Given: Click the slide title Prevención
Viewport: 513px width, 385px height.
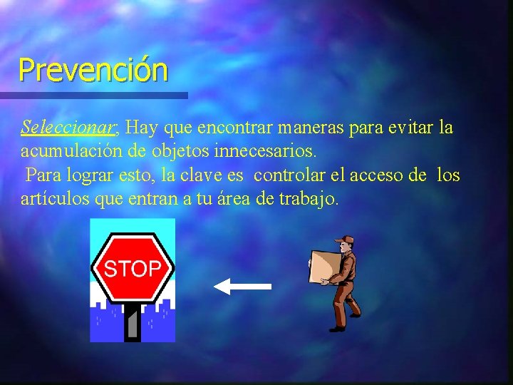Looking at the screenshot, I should point(93,70).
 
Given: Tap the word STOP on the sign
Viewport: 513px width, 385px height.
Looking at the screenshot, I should point(132,269).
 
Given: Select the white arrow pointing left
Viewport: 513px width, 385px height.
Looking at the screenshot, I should point(242,287).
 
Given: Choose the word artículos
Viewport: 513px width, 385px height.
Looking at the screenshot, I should point(53,199).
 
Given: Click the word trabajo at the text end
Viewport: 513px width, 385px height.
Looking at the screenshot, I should point(311,199).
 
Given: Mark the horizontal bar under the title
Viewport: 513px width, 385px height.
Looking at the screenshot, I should point(93,95).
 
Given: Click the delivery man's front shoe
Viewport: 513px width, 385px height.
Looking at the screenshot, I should point(336,328).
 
